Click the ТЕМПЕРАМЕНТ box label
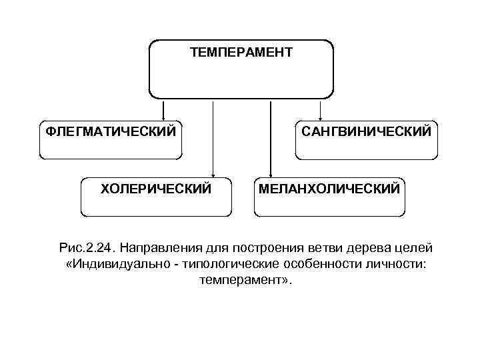[241, 52]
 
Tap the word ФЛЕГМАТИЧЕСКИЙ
[111, 130]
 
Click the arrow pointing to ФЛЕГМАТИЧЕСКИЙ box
[163, 109]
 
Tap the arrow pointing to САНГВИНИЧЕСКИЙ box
[321, 109]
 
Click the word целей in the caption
[416, 248]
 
